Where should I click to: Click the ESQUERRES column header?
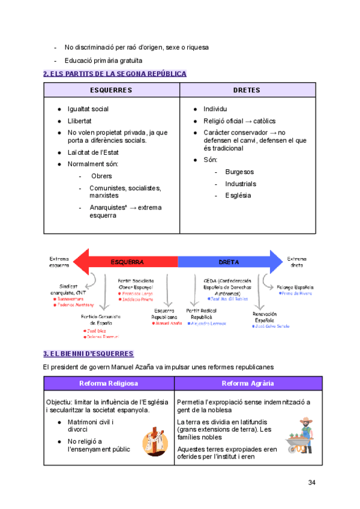click(111, 90)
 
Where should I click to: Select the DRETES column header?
click(247, 90)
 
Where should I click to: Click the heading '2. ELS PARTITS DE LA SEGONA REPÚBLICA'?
click(115, 74)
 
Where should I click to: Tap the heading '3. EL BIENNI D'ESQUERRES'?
click(88, 354)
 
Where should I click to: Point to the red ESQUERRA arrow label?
click(127, 262)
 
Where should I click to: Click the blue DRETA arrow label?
click(229, 262)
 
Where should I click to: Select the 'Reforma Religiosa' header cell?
click(109, 384)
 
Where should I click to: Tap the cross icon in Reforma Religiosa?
click(154, 440)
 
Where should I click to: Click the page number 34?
click(311, 483)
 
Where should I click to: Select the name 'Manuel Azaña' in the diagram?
click(168, 324)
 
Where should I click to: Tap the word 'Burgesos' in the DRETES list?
click(239, 172)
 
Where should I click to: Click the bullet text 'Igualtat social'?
click(88, 109)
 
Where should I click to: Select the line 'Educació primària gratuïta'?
click(103, 60)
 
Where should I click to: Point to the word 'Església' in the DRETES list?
click(238, 195)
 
